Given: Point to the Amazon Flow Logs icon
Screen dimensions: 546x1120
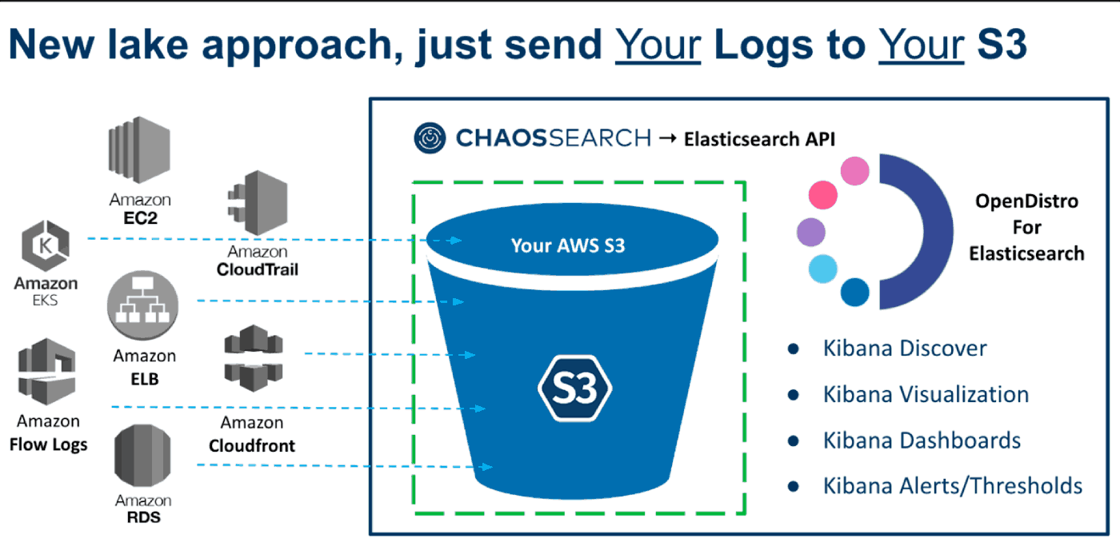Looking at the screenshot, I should pos(47,373).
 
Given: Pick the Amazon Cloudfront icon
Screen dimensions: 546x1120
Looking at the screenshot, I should pos(252,357).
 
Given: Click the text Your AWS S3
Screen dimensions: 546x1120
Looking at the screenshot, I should pos(568,245).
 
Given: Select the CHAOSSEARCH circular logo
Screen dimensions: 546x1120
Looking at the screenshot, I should pos(430,138).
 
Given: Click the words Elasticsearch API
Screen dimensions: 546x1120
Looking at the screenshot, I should pos(759,139).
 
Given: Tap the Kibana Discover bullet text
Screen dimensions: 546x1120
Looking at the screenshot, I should pos(905,349).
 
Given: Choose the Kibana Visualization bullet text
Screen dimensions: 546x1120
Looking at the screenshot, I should pos(926,395).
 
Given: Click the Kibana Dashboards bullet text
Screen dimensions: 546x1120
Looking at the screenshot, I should pos(922,440).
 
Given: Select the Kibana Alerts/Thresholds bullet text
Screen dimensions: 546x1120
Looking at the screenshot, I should pos(952,486).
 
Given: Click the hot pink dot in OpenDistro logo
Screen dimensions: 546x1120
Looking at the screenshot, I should pos(823,194).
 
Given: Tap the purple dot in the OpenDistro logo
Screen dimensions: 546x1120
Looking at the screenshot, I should pos(811,233).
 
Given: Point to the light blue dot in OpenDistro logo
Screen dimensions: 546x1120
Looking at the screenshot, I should pos(822,269).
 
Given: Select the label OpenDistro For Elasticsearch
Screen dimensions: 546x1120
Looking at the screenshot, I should pos(1026,227).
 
